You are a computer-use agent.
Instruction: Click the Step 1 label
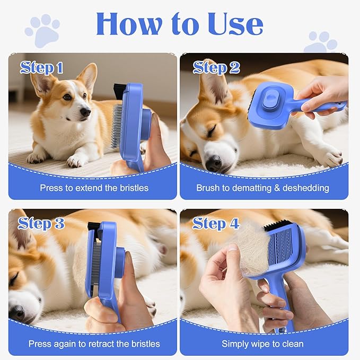[x=42, y=67]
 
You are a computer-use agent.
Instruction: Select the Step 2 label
[x=216, y=67]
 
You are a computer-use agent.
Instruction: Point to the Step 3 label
[x=42, y=223]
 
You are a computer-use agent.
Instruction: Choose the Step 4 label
[x=216, y=223]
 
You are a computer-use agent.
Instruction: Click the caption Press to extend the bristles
[x=94, y=188]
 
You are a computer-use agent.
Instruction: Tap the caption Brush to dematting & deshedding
[x=262, y=188]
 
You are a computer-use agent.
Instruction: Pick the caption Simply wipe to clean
[x=264, y=344]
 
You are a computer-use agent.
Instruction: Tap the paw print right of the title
[x=320, y=42]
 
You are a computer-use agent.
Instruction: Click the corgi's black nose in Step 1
[x=85, y=111]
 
